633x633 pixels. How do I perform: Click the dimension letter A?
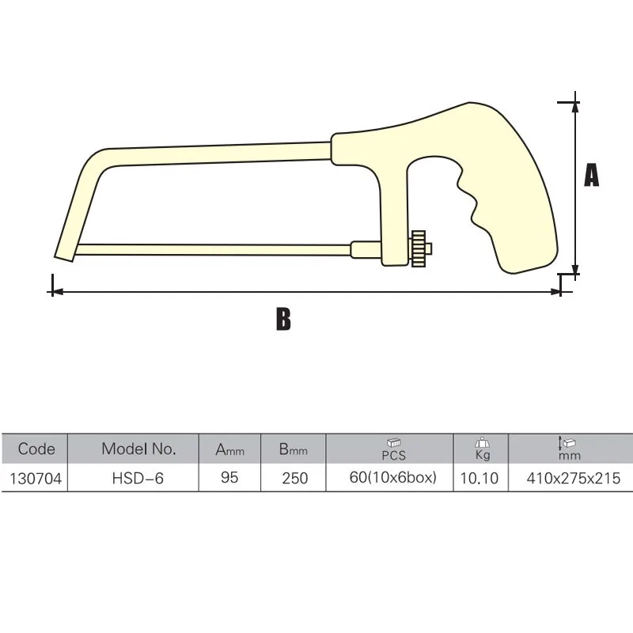pyautogui.click(x=591, y=176)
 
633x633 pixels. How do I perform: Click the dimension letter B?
pyautogui.click(x=283, y=319)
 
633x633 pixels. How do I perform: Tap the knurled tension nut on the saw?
pyautogui.click(x=419, y=250)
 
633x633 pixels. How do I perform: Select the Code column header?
pyautogui.click(x=36, y=449)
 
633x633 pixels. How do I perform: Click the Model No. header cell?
pyautogui.click(x=138, y=449)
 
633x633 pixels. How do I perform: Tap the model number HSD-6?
pyautogui.click(x=138, y=478)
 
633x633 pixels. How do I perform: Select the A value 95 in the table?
pyautogui.click(x=229, y=478)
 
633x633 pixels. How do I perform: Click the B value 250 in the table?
pyautogui.click(x=294, y=478)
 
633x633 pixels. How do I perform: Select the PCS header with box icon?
pyautogui.click(x=393, y=449)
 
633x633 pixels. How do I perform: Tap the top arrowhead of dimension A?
pyautogui.click(x=575, y=107)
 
